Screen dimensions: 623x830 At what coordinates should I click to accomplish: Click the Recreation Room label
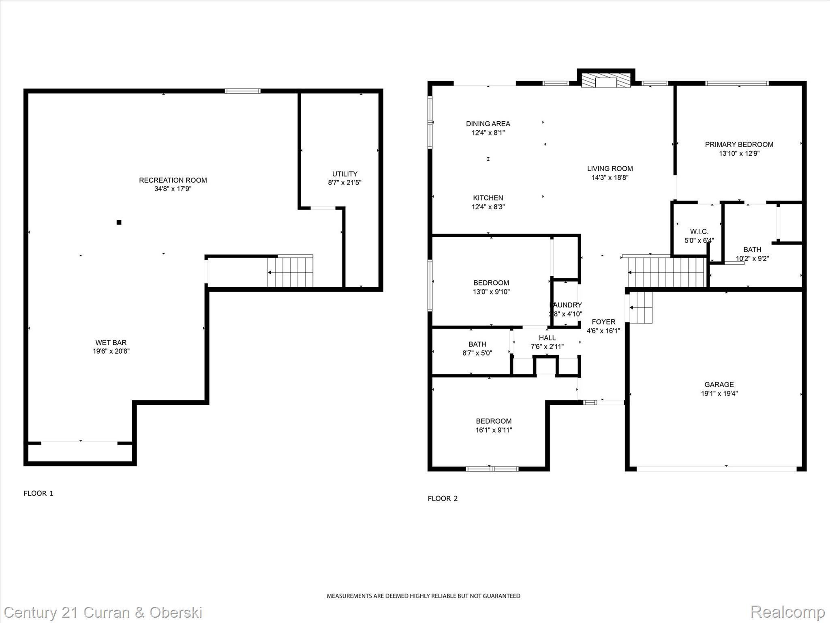(x=173, y=180)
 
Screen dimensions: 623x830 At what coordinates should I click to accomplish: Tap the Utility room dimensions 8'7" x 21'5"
(x=344, y=183)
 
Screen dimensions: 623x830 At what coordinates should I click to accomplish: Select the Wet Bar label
(x=111, y=342)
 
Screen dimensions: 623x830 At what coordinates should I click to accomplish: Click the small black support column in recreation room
(x=119, y=222)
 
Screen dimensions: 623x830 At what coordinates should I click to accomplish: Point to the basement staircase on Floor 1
(x=290, y=272)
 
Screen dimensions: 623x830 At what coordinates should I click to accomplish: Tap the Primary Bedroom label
(x=739, y=144)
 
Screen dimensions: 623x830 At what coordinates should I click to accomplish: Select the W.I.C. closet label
(x=699, y=232)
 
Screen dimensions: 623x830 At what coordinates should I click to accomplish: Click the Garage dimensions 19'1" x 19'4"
(x=719, y=393)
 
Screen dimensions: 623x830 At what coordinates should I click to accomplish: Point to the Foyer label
(x=603, y=322)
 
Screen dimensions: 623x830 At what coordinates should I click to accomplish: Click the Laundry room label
(x=566, y=305)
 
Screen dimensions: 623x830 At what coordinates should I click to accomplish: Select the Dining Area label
(x=488, y=124)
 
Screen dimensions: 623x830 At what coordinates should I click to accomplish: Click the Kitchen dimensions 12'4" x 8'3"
(x=488, y=207)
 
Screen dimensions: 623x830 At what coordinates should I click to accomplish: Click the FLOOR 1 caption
(x=39, y=493)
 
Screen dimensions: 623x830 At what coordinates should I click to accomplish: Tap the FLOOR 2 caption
(x=443, y=498)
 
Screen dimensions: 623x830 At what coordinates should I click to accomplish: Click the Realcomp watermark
(x=787, y=612)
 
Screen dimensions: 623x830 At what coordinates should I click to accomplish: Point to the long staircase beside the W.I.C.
(x=667, y=272)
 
